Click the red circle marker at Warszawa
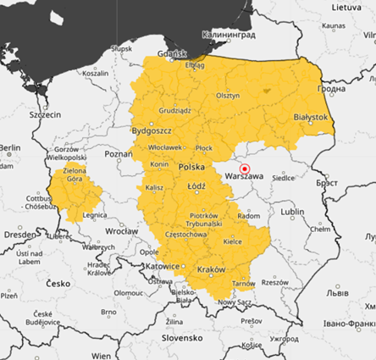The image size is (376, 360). (246, 169)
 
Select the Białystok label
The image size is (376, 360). (308, 116)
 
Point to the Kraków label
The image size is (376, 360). (211, 269)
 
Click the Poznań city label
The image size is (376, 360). (118, 154)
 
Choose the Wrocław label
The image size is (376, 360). (120, 230)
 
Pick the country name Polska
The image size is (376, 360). (191, 168)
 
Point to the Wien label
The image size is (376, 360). (102, 354)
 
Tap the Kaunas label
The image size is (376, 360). (334, 26)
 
